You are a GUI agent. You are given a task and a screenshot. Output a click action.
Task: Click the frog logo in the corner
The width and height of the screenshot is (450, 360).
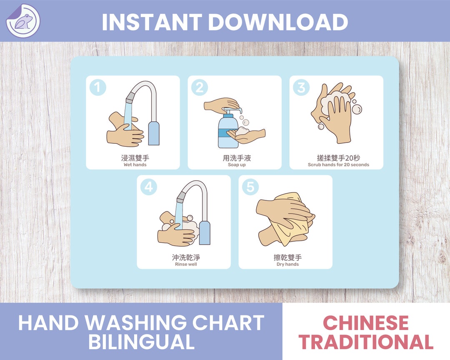coord(22,21)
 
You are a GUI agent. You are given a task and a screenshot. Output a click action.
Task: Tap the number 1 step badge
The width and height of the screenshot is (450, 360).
coord(97,87)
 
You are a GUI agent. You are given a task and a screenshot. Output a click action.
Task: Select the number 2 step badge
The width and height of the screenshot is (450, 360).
coord(200,87)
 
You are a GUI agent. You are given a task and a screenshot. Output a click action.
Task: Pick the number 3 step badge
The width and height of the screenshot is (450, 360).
coord(301,87)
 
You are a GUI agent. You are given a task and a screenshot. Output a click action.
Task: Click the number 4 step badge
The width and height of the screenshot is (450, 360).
coord(149,187)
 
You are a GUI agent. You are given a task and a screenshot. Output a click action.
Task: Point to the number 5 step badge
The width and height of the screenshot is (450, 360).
coord(250,187)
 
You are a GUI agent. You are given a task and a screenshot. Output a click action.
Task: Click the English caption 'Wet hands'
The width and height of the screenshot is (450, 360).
coord(135,165)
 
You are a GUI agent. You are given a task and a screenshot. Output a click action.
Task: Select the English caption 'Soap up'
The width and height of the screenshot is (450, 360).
coord(237,165)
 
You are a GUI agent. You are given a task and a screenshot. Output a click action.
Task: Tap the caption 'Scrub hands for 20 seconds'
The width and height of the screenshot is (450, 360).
coord(338,165)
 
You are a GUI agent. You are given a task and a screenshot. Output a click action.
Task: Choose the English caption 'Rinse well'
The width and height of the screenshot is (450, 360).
coord(186,264)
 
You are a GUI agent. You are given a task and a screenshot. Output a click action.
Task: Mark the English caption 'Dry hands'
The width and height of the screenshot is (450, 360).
coord(287,264)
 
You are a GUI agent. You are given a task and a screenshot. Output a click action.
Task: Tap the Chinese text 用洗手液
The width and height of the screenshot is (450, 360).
coord(237,158)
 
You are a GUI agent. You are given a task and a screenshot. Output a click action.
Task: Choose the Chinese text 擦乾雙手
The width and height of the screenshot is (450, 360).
coord(287,257)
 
